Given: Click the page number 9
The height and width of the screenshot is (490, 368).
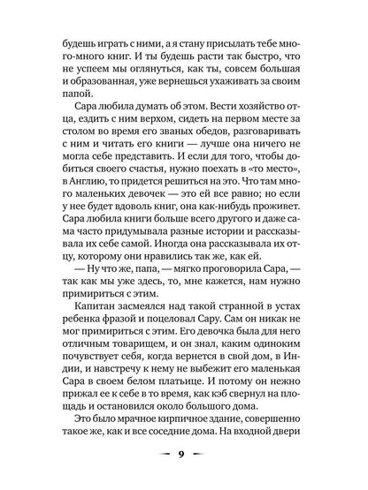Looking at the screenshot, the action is tap(183, 456).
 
